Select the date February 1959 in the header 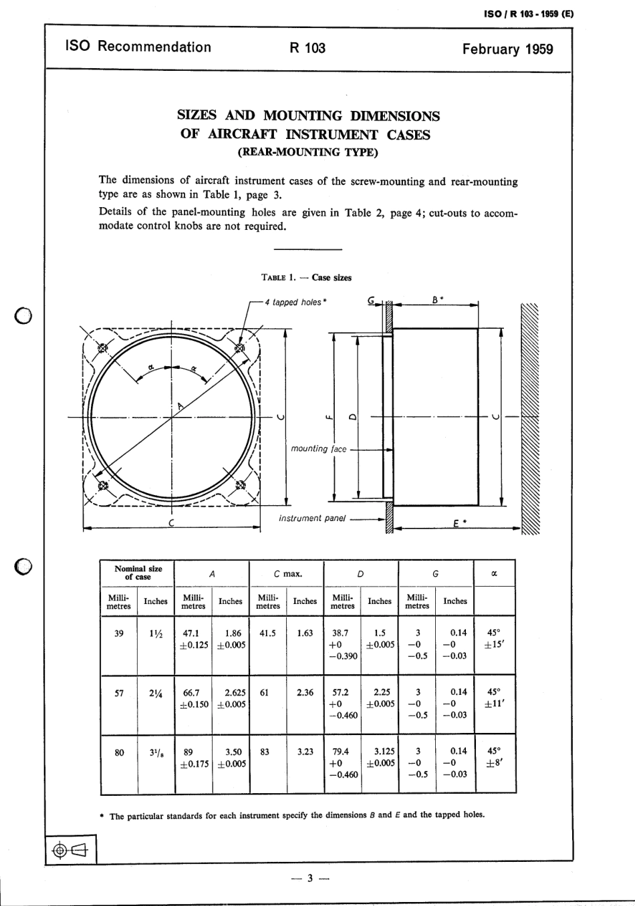[x=507, y=49]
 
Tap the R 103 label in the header [x=307, y=47]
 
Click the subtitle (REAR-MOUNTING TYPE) [x=307, y=152]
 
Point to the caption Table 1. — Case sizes [x=307, y=277]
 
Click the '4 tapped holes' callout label [x=295, y=302]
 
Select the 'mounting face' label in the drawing [x=319, y=449]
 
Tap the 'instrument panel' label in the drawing [x=312, y=518]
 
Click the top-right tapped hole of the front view [x=240, y=348]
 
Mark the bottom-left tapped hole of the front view [x=102, y=486]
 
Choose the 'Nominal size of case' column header [x=138, y=573]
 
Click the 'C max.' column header [x=287, y=573]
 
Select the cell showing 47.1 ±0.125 [x=193, y=639]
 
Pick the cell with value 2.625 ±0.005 [x=231, y=698]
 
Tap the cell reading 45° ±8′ [x=493, y=757]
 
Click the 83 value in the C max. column [x=265, y=752]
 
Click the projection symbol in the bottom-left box [x=70, y=850]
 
